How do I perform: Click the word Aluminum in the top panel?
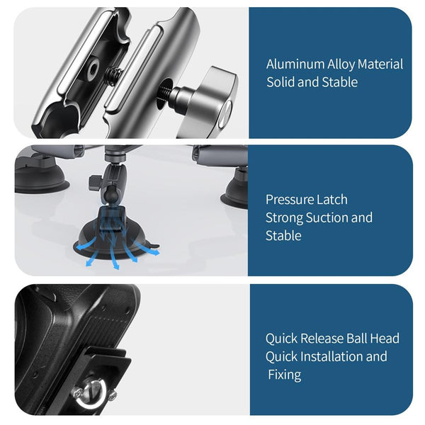(295, 64)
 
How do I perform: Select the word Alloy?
(341, 64)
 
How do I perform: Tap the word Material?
(380, 64)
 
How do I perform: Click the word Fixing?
(285, 373)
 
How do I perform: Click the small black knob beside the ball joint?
(93, 183)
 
